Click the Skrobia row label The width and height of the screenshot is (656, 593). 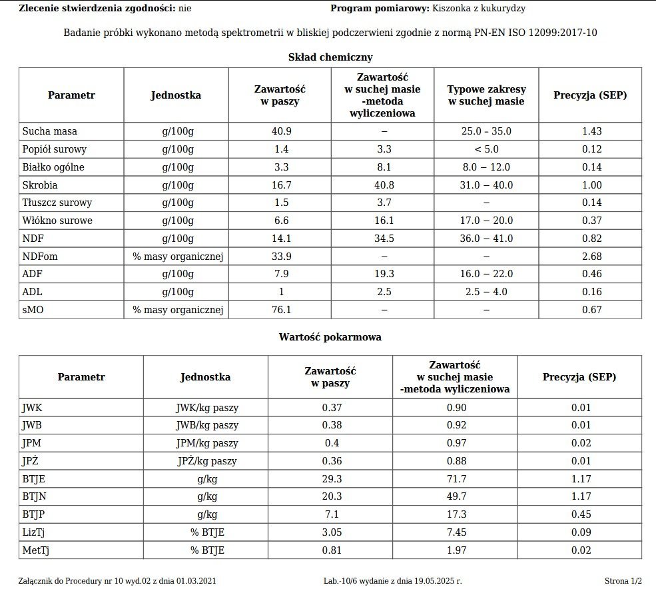coord(40,185)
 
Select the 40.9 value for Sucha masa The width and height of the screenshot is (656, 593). coord(281,131)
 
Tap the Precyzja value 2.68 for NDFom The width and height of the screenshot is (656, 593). coord(591,257)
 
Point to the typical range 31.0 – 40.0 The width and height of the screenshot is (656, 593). coord(486,185)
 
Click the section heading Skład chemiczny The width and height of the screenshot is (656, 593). coord(330,57)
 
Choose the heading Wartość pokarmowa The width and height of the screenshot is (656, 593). coord(330,337)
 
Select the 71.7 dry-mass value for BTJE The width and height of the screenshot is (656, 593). coord(454,497)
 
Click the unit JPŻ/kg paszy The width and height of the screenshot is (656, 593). coord(206,461)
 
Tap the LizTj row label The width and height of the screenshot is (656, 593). coord(34,532)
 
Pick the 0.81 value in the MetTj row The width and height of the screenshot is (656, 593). coord(330,550)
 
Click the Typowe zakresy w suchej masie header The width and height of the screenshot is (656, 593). coord(486,95)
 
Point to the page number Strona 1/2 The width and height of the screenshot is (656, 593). coord(623,581)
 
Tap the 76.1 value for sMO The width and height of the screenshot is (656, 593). coord(281,310)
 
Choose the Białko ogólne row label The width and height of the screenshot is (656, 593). coord(53,167)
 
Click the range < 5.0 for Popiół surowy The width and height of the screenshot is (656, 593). coord(486,149)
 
